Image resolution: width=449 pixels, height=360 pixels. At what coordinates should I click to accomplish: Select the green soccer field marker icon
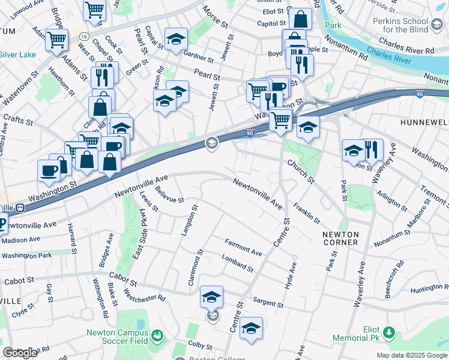point(157,334)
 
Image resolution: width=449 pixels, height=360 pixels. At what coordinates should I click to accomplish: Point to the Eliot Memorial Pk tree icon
point(390,332)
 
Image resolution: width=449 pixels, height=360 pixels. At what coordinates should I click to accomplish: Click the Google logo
point(20,353)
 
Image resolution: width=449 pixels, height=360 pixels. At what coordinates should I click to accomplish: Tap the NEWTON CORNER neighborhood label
point(340,238)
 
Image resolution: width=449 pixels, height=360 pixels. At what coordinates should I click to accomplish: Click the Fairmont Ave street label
point(243,247)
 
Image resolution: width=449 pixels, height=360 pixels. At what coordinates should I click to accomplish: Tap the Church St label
point(300,171)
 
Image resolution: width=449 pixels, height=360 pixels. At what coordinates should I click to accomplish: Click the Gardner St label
point(199,58)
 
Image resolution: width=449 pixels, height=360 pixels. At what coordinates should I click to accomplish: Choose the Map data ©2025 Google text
point(411,355)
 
